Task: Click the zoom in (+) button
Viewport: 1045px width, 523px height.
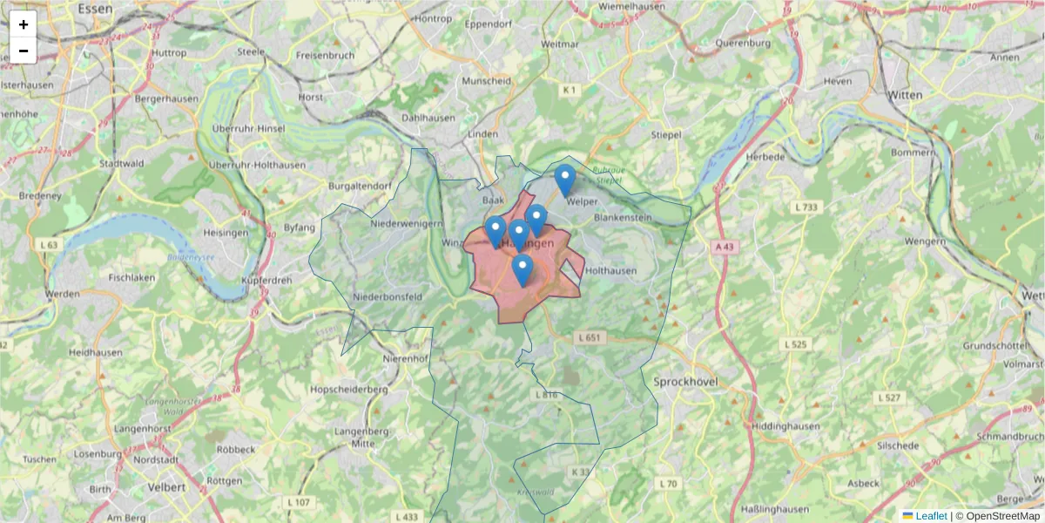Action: tap(24, 24)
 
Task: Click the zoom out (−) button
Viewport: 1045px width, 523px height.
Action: tap(24, 51)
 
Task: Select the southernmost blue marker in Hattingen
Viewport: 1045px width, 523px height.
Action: tap(522, 270)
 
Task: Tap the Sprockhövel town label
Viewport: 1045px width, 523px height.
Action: tap(684, 382)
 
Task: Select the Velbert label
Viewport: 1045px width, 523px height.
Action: tap(166, 486)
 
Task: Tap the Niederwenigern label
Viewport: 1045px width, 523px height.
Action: tap(407, 224)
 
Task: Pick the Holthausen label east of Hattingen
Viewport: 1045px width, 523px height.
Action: tap(611, 271)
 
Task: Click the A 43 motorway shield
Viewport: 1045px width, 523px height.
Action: tap(724, 248)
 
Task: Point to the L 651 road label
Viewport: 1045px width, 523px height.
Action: tap(590, 337)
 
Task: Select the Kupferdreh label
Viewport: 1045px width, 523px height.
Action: tap(266, 280)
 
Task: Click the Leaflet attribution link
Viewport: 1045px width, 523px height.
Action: tap(930, 516)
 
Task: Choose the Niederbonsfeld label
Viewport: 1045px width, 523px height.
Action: tap(389, 296)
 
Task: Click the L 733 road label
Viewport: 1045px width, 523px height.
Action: tap(806, 207)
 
